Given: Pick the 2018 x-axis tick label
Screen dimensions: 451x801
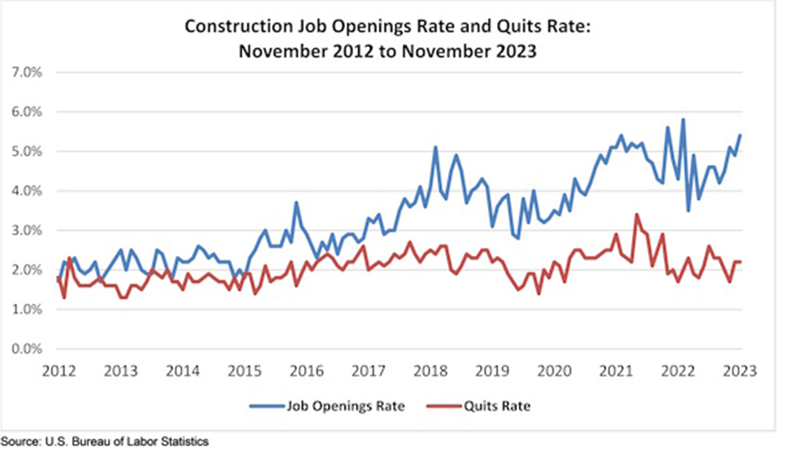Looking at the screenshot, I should [431, 371].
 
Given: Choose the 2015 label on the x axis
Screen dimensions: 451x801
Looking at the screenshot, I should [244, 371].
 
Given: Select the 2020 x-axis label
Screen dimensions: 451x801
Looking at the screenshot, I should [555, 371].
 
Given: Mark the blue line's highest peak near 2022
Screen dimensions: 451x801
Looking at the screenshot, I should [683, 119].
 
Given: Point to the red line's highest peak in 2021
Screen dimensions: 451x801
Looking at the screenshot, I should [636, 214].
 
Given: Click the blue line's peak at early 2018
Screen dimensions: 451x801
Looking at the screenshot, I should [436, 147].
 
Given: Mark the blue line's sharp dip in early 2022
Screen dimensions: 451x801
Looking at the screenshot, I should [688, 210].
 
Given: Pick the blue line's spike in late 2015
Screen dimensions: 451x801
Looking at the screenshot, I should [296, 202].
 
